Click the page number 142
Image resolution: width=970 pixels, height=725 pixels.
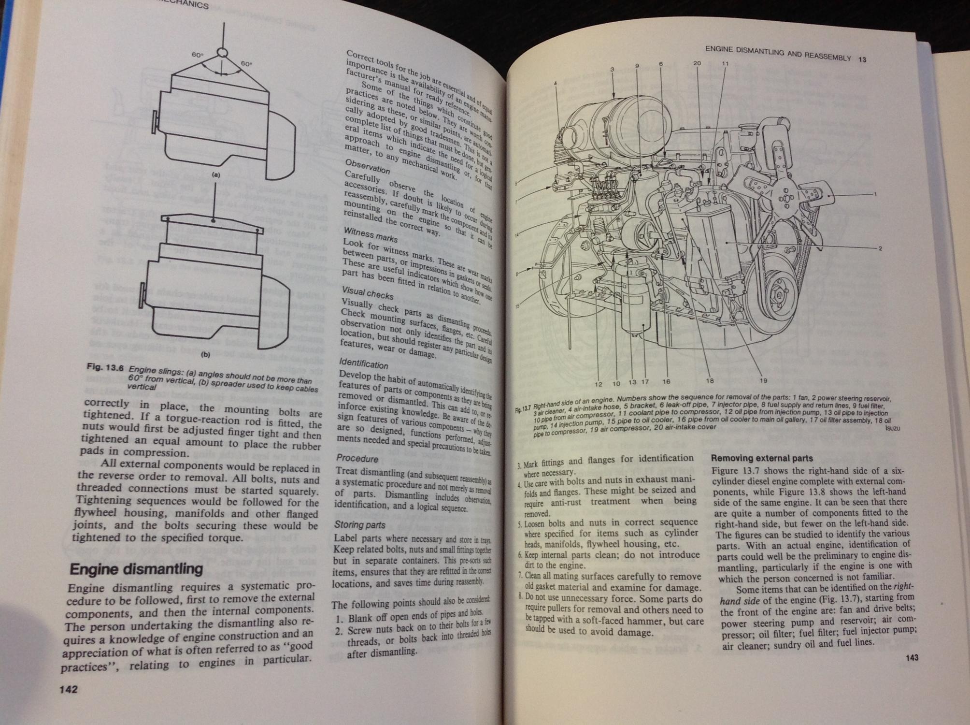(x=68, y=689)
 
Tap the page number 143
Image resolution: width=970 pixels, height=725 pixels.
(x=912, y=657)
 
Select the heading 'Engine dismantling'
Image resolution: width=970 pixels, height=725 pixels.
(x=136, y=569)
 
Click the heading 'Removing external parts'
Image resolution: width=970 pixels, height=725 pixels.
(x=762, y=458)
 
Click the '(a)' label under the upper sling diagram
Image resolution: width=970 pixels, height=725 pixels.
(x=216, y=175)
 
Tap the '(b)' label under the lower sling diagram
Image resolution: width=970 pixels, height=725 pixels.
(x=205, y=354)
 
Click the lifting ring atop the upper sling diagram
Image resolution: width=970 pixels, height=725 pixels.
(x=222, y=52)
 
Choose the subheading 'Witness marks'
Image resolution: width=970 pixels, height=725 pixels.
(x=371, y=235)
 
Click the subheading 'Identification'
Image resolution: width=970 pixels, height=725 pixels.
(x=364, y=363)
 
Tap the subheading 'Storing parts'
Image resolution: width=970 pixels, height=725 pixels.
(x=360, y=524)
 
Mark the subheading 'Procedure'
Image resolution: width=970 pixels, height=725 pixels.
(x=357, y=458)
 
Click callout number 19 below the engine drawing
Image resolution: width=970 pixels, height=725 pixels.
(x=763, y=380)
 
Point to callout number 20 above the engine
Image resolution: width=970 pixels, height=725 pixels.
(x=697, y=63)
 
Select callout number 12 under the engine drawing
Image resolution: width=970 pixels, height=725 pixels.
(x=599, y=384)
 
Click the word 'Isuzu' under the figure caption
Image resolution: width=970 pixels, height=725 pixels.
(x=893, y=428)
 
